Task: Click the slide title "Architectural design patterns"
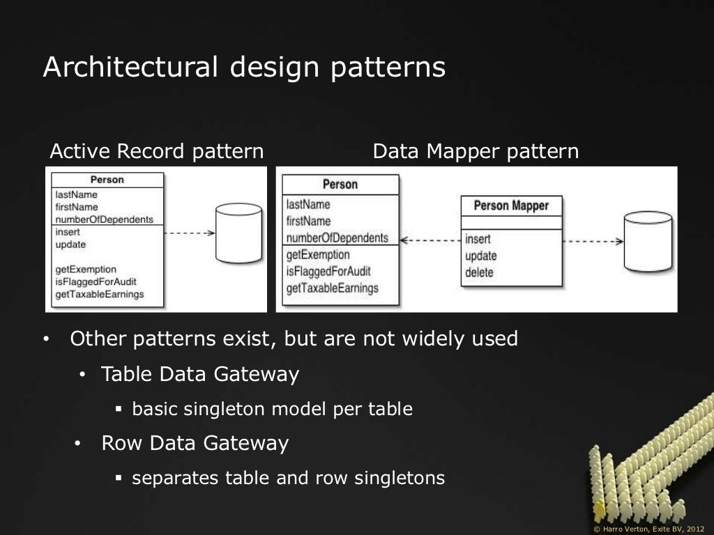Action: (x=244, y=68)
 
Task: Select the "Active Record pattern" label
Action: (x=157, y=151)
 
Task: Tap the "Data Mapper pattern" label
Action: (x=476, y=151)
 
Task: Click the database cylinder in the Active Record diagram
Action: (x=238, y=233)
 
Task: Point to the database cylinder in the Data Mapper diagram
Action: (x=648, y=242)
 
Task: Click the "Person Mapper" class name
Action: (x=511, y=206)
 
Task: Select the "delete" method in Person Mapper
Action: (x=479, y=272)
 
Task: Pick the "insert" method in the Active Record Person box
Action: (x=68, y=232)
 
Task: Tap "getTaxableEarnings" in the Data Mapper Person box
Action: (x=333, y=288)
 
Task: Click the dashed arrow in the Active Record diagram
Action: (x=190, y=233)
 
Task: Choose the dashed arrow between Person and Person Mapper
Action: (x=430, y=241)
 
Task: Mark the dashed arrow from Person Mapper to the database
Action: (x=592, y=241)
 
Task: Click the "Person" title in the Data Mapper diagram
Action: (x=340, y=185)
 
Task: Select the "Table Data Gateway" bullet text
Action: (x=200, y=375)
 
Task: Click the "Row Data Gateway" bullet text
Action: (x=195, y=444)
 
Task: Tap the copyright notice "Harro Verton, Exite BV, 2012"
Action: (x=648, y=528)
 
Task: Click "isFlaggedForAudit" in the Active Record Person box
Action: (x=96, y=282)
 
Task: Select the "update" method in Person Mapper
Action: (x=481, y=256)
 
